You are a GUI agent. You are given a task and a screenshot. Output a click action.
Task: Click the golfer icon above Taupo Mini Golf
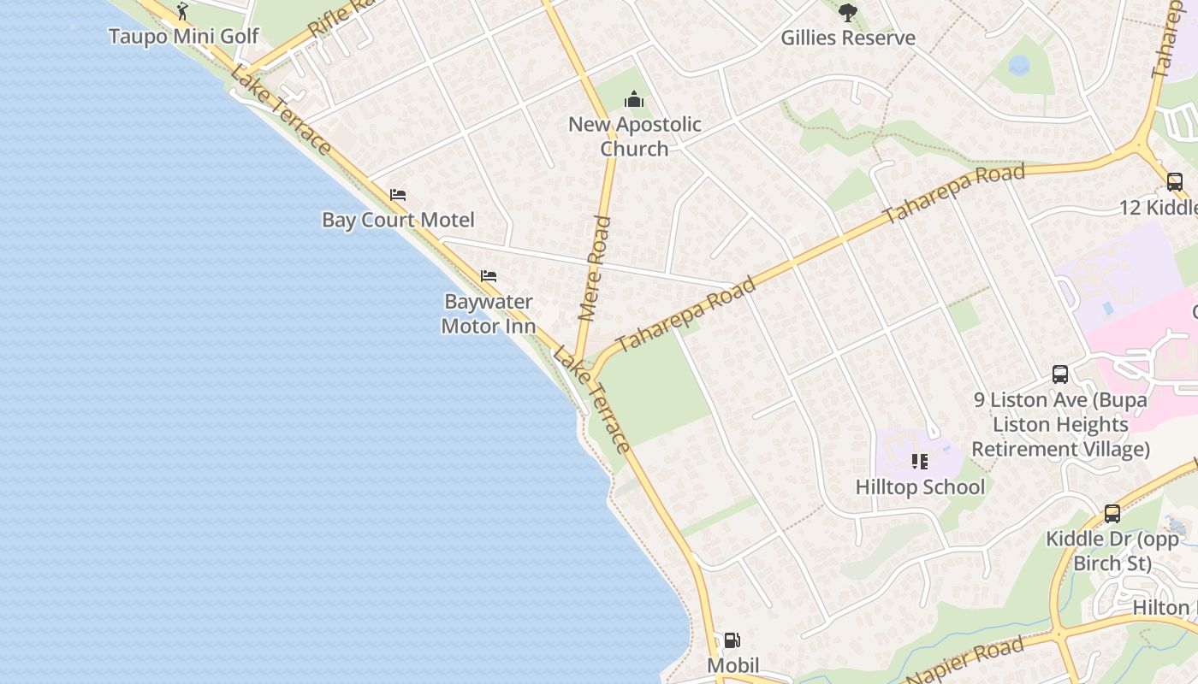pos(181,11)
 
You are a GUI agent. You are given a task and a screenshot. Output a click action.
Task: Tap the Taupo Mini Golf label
pos(184,37)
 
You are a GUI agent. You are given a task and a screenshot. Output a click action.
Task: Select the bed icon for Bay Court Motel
pos(398,195)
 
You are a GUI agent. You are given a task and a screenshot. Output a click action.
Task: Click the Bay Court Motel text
pos(398,220)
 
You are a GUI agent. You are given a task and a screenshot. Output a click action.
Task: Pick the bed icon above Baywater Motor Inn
pos(489,276)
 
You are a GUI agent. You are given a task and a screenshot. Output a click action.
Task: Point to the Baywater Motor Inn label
pos(489,314)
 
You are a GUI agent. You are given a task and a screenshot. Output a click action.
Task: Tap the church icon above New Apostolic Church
pos(634,99)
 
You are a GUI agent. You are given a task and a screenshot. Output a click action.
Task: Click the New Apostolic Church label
pos(634,136)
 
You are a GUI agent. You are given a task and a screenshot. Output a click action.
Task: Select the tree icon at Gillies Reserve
pos(848,12)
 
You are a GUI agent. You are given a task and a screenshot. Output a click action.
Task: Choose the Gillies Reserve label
pos(848,38)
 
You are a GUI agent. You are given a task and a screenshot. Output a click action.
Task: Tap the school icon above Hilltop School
pos(920,462)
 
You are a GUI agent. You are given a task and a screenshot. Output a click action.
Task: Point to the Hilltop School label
pos(920,487)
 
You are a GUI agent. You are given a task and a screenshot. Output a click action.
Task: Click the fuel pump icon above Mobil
pos(732,640)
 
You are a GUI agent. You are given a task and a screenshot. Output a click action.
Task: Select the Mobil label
pos(732,665)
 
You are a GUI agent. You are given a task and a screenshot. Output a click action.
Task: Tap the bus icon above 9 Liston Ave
pos(1060,374)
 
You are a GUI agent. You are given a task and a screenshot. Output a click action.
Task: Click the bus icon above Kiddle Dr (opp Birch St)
pos(1112,514)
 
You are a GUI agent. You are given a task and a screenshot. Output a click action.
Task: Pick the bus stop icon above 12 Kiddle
pos(1175,181)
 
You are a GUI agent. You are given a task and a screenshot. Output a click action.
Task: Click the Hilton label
pos(1161,608)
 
